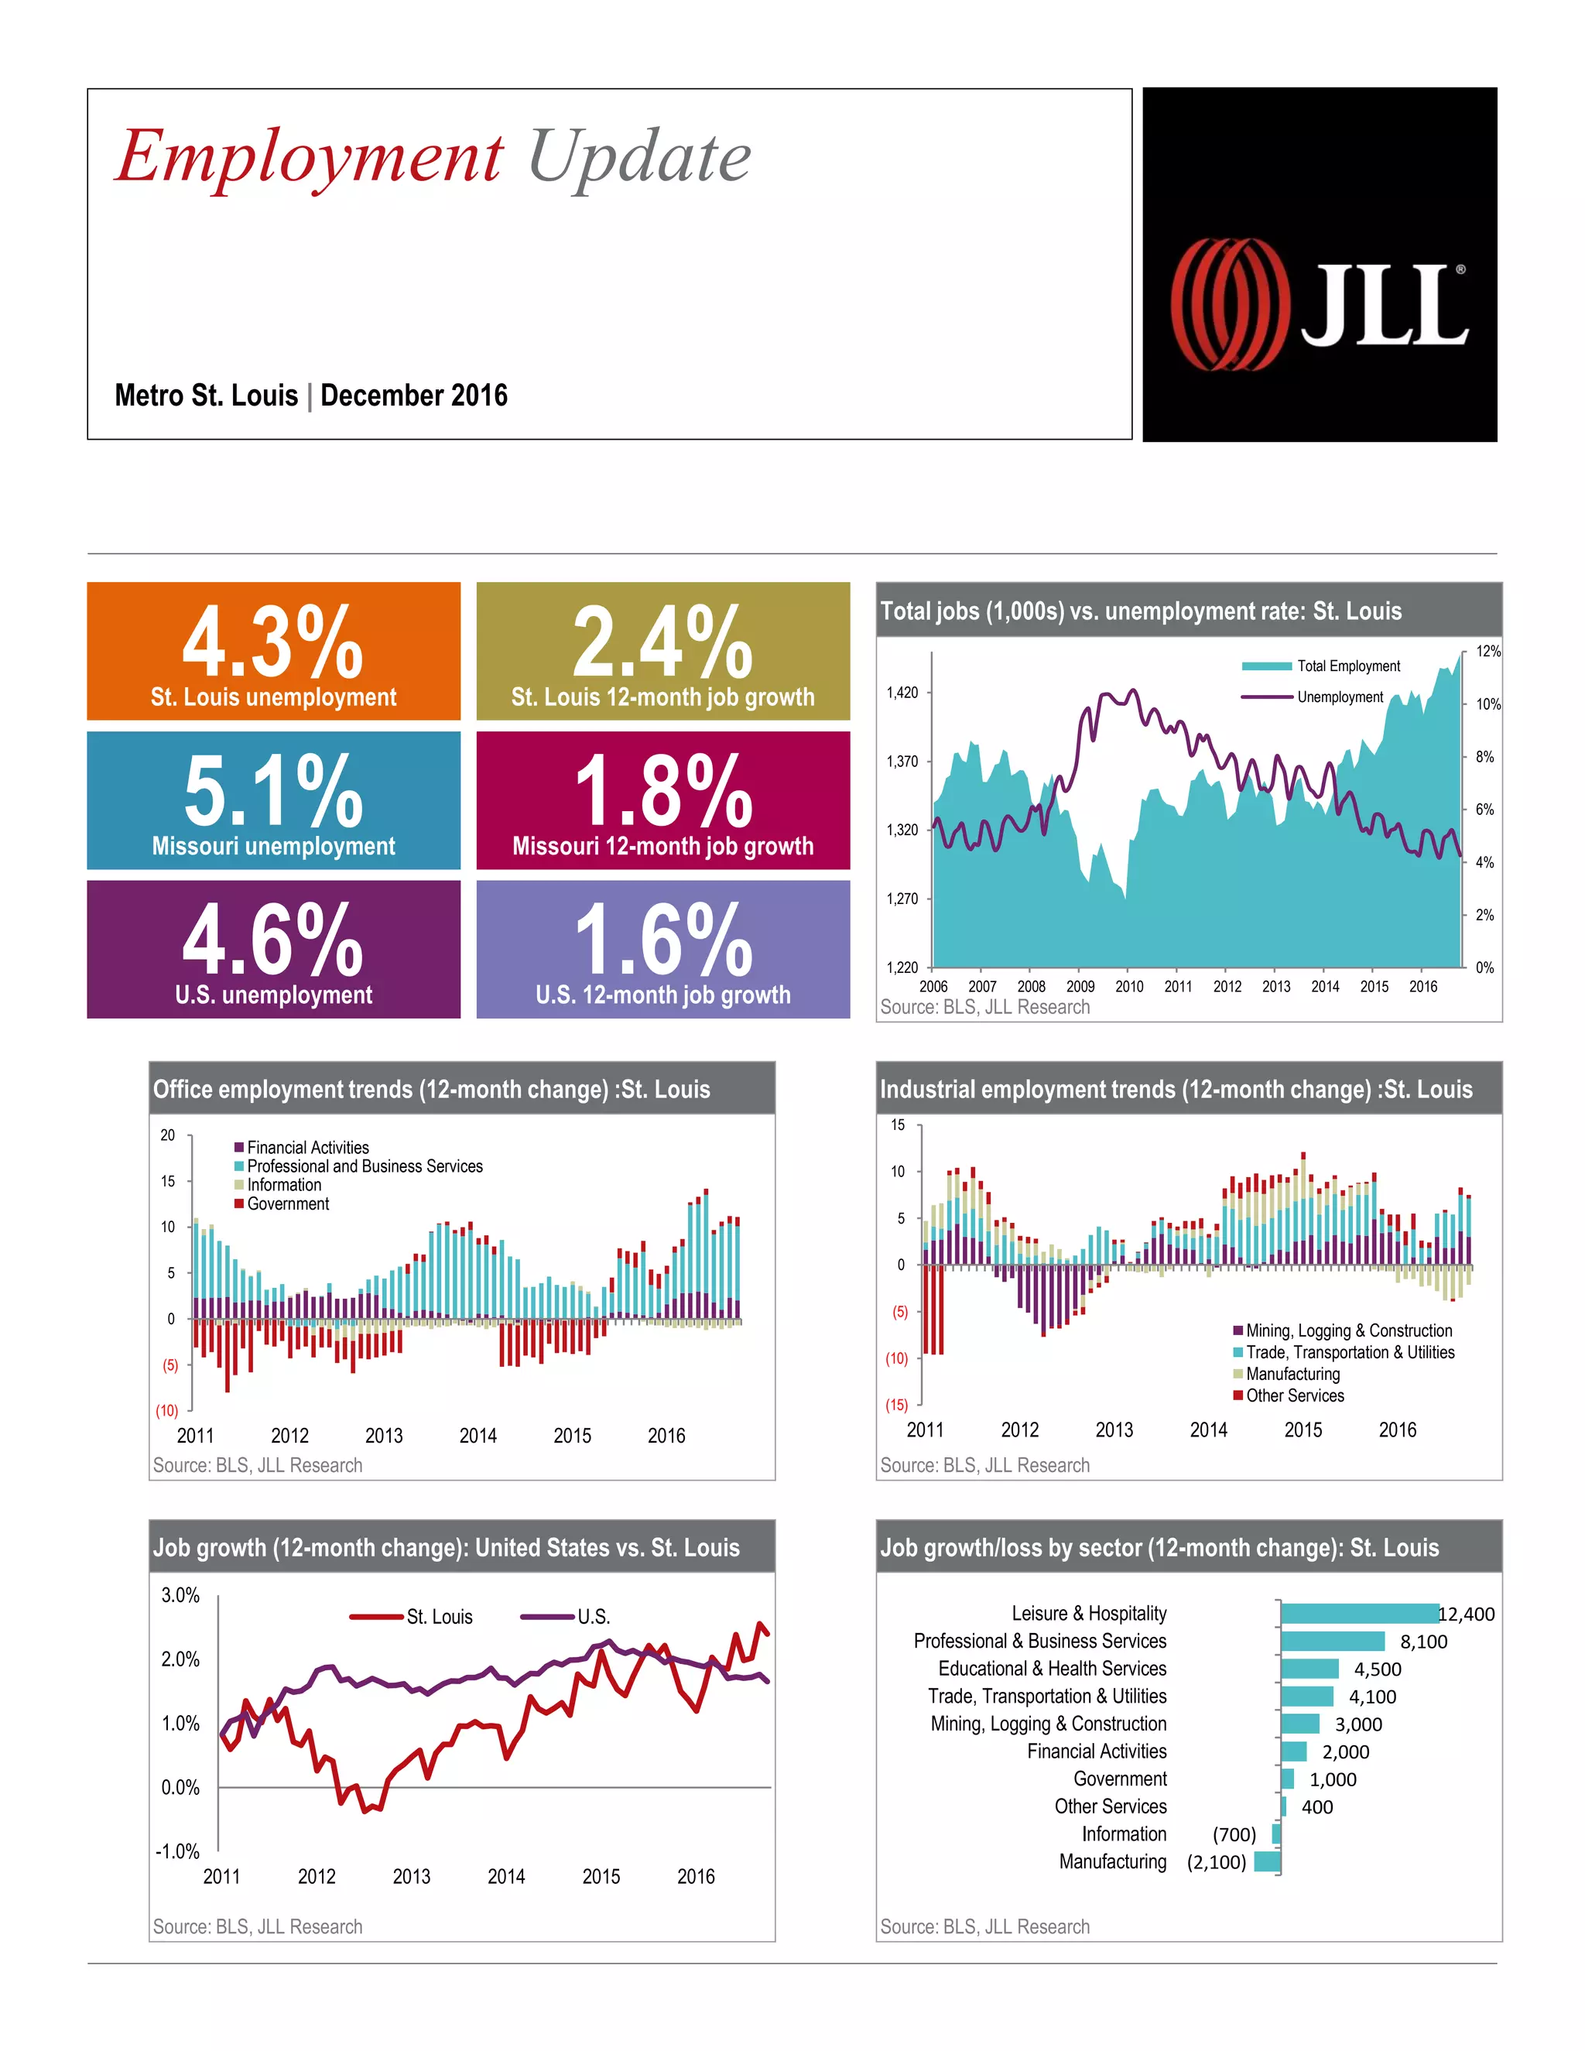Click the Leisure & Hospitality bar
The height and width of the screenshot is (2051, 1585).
coord(1359,1614)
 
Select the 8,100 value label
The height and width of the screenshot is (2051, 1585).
coord(1422,1642)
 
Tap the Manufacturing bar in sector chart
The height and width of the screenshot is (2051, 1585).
coord(1267,1861)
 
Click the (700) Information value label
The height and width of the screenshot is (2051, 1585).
coord(1234,1834)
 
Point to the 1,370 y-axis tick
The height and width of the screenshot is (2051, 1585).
coord(902,762)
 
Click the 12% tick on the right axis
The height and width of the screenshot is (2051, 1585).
coord(1487,652)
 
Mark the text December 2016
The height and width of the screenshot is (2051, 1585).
coord(414,395)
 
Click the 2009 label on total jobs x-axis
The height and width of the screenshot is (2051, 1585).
coord(1080,986)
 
